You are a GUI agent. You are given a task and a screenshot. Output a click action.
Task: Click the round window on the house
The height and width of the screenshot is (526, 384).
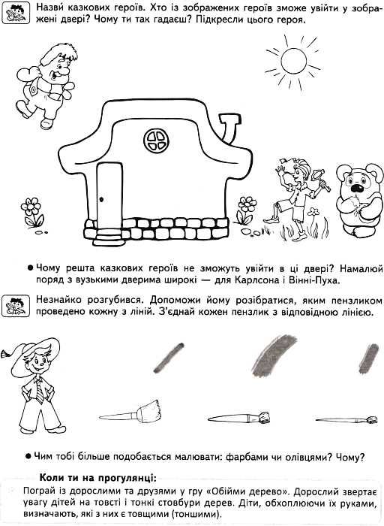156,141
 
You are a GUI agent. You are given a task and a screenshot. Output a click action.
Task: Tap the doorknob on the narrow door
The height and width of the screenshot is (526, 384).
101,199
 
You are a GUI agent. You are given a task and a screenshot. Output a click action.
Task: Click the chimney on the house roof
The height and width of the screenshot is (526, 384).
230,128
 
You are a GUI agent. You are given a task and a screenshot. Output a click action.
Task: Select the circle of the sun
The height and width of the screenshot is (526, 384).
293,61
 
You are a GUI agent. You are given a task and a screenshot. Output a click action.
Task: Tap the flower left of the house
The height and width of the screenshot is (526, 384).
32,212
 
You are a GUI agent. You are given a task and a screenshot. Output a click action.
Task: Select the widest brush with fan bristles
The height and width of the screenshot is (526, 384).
129,413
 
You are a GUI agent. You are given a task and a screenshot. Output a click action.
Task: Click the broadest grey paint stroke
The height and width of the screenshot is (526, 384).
274,355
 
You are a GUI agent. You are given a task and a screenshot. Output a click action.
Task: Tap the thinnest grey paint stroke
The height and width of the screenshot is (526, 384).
169,358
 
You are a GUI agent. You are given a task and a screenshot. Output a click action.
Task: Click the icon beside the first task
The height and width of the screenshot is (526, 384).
16,13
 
